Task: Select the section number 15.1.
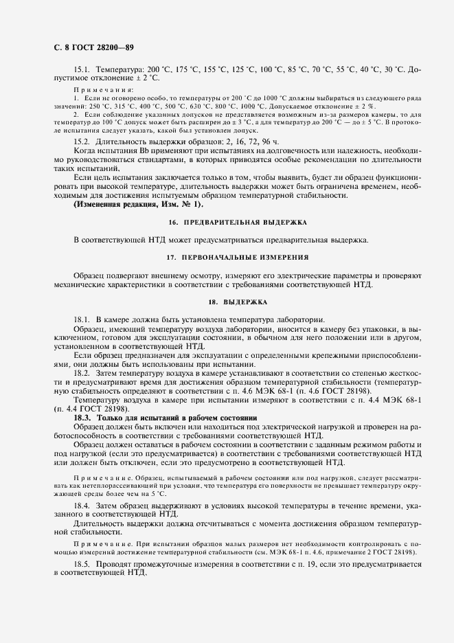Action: (82, 71)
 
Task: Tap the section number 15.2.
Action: (82, 141)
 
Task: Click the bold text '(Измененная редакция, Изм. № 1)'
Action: (139, 204)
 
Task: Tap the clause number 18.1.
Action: (82, 320)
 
